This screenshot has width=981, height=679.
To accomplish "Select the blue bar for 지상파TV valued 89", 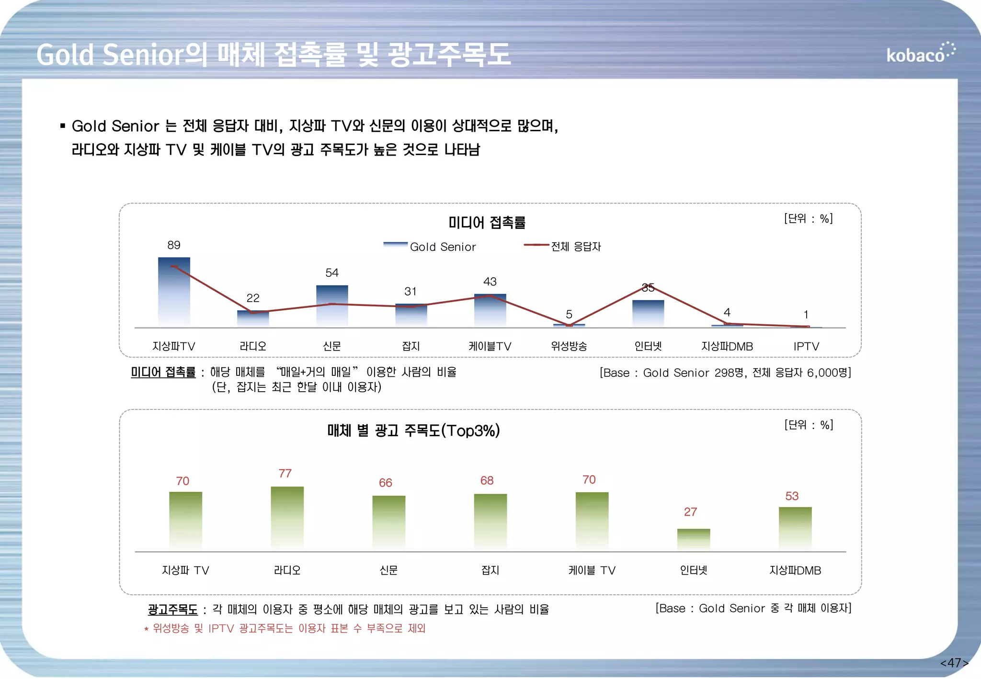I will tap(174, 292).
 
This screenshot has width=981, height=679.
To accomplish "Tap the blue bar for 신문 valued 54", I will tap(332, 306).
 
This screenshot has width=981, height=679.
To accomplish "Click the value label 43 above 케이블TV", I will tap(490, 282).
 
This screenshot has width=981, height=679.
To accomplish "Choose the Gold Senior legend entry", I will tap(430, 247).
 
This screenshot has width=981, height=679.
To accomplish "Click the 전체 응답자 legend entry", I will tap(563, 247).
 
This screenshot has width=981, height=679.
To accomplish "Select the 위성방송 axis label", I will tap(569, 346).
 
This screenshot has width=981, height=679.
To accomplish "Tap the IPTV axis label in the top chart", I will tap(806, 346).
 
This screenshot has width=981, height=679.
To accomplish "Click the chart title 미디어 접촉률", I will tap(487, 223).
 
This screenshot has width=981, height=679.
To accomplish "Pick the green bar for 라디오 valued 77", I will tap(287, 517).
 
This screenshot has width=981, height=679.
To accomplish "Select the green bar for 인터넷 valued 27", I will tap(693, 539).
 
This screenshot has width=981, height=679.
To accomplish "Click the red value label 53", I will tap(791, 496).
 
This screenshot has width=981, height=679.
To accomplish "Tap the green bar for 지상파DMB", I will tap(795, 528).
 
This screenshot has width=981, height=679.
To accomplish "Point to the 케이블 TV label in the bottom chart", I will tap(592, 570).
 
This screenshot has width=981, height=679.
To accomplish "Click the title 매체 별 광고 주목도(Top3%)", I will tap(413, 430).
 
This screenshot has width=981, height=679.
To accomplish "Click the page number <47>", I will tap(954, 663).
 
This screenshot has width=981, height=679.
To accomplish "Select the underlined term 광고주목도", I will tap(172, 610).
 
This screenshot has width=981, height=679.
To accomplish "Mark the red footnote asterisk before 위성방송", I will tap(146, 629).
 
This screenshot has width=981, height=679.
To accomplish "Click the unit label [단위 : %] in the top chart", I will tap(808, 218).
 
